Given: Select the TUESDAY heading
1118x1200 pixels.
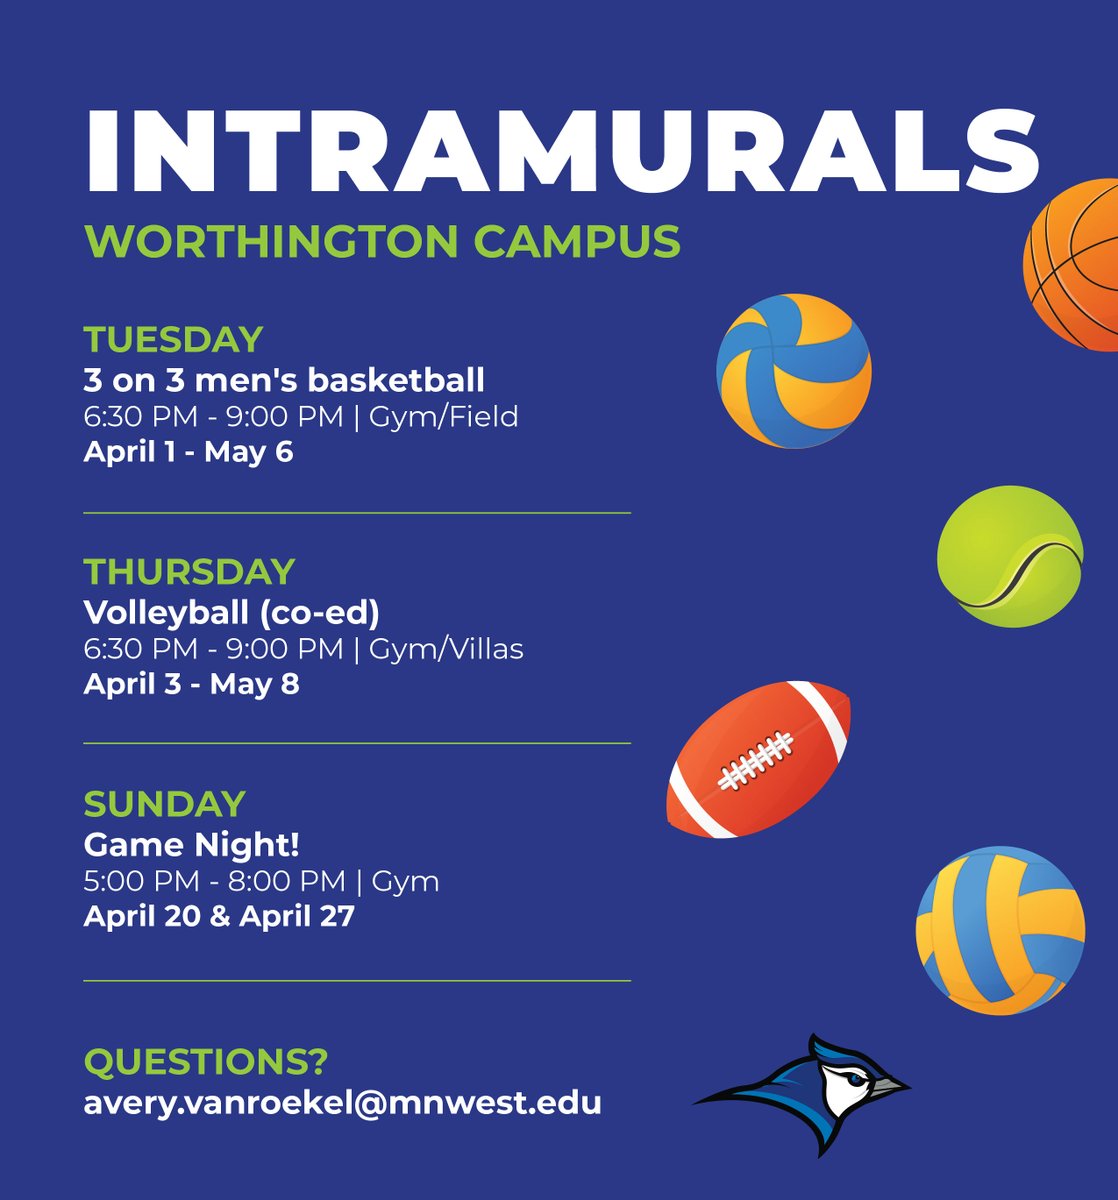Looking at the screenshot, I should [x=173, y=340].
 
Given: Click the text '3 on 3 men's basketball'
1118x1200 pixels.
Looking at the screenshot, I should [x=284, y=380].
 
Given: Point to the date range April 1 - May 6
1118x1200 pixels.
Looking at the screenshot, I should [x=188, y=452].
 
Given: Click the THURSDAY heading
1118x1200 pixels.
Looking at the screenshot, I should [x=189, y=572].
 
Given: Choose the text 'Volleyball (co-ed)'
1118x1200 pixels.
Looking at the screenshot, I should [x=231, y=612].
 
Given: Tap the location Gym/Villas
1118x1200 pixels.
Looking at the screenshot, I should [x=446, y=649].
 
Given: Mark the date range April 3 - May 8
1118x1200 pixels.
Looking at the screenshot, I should [x=191, y=685].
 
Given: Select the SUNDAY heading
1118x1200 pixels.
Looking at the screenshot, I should [x=164, y=804].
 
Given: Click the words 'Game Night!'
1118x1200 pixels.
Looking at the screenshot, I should [x=191, y=845].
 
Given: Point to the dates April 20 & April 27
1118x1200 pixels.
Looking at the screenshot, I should [x=219, y=917].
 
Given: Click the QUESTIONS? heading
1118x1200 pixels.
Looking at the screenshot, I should [x=205, y=1062].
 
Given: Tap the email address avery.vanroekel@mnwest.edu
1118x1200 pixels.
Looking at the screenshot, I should [x=342, y=1103].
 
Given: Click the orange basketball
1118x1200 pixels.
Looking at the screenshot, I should [x=1075, y=265].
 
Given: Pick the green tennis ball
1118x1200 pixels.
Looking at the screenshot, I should [x=1009, y=556].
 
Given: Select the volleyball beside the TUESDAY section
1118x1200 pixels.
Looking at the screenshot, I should [x=794, y=371].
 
